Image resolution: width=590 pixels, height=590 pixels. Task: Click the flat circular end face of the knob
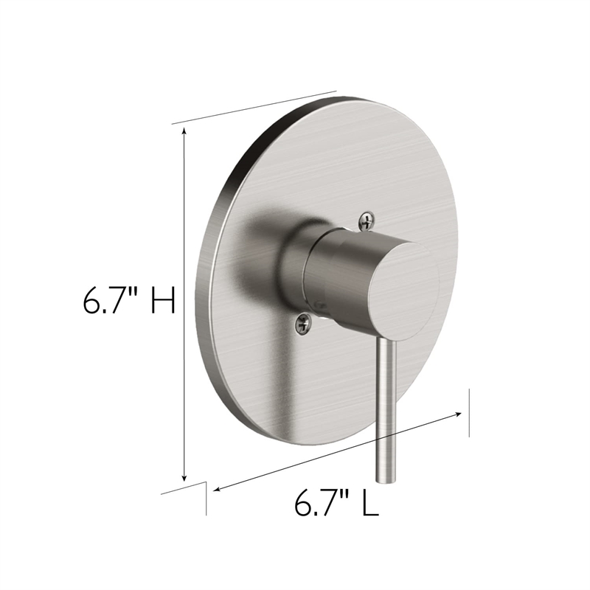coord(401,288)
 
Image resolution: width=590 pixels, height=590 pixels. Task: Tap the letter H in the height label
coord(162,301)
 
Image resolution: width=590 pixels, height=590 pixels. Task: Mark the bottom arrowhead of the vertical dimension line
coord(184,476)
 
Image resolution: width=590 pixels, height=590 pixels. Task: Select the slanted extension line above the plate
coord(254,109)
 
